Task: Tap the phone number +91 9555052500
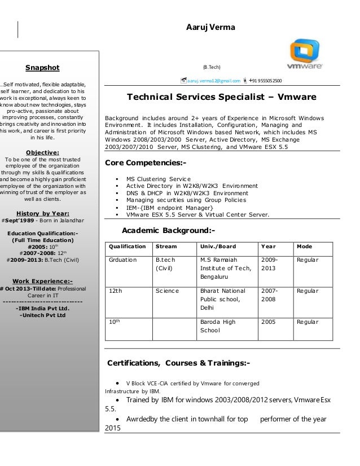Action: pos(266,81)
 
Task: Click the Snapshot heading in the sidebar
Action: pos(42,68)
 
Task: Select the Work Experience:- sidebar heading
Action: pos(43,282)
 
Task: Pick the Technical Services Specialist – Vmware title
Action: pos(221,97)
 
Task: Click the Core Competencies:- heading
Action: pos(146,164)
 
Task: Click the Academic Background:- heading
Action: pos(168,231)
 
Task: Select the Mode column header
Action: pos(304,247)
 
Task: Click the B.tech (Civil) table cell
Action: pos(163,264)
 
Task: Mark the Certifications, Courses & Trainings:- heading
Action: pos(183,362)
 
